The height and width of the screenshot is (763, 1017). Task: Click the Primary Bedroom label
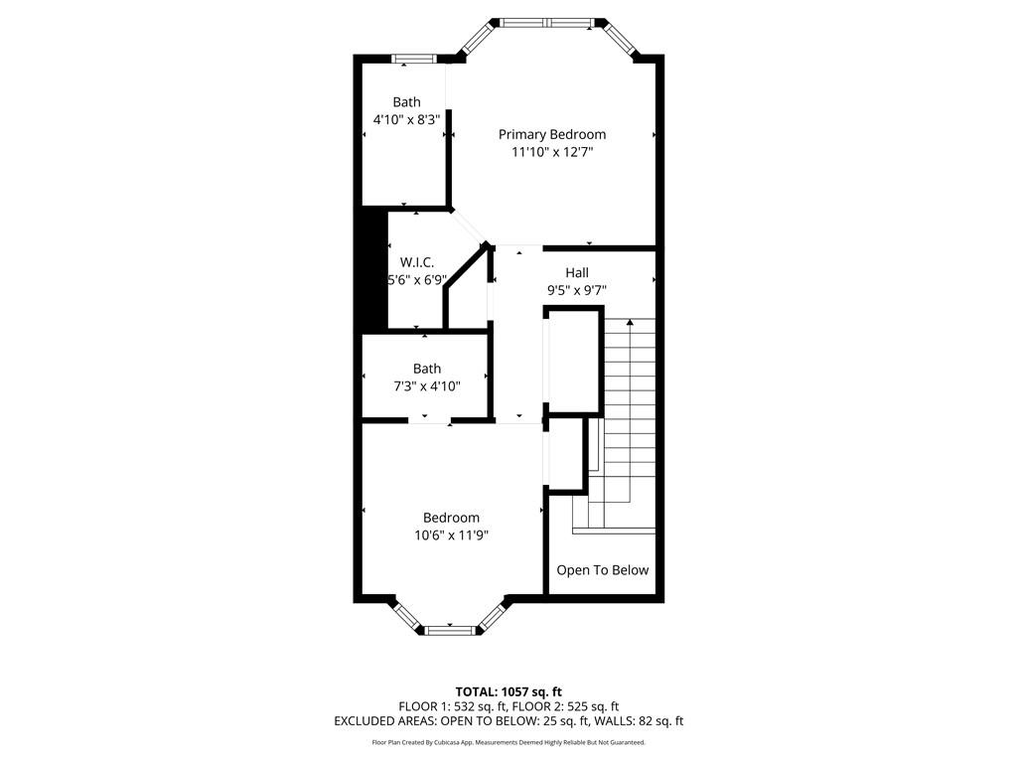(551, 134)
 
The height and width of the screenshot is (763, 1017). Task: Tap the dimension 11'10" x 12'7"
(551, 152)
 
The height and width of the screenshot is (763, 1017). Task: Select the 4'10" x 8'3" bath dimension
(405, 119)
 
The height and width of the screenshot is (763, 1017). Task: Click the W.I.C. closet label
(417, 262)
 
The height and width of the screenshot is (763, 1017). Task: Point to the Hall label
(576, 272)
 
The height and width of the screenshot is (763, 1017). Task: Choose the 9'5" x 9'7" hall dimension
(576, 290)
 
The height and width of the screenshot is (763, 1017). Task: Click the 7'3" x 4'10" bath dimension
(426, 386)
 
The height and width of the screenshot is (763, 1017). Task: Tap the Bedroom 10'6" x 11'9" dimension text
(451, 535)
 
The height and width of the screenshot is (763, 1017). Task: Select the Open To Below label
(602, 570)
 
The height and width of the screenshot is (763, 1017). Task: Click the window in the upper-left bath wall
(414, 60)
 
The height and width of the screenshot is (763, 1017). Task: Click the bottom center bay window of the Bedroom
(451, 629)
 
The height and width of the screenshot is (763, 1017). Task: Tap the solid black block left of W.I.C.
(372, 270)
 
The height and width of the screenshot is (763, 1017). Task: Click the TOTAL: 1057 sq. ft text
(508, 691)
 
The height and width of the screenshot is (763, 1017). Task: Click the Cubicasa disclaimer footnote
(508, 742)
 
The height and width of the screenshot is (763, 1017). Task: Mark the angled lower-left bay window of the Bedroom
(407, 615)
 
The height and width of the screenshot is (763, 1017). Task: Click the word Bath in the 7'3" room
(426, 369)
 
